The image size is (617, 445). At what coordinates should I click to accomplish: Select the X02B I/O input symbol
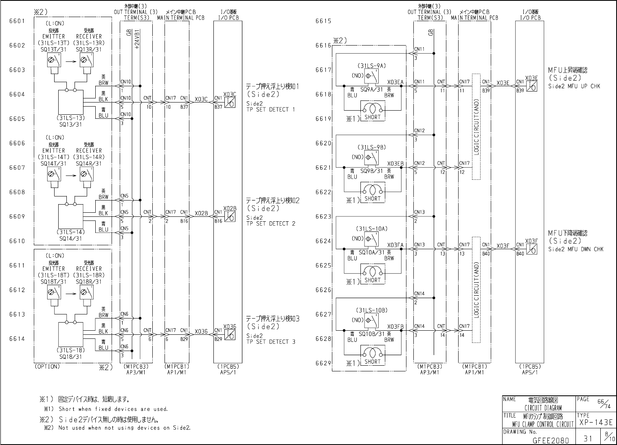point(231,216)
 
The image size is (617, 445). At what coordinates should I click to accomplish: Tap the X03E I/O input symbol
point(531,86)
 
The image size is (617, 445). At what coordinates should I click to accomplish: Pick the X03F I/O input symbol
point(531,249)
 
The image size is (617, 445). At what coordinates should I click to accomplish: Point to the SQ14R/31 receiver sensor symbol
point(86,175)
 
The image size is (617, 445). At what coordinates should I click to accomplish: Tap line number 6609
point(17,216)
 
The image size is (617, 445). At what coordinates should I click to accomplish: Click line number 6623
point(323,216)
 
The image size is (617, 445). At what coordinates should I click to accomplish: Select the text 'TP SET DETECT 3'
point(271,342)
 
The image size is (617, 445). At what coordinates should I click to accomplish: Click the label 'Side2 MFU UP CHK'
point(574,86)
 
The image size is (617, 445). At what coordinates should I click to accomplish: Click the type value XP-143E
point(595,423)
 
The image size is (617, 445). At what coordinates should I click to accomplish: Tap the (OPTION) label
point(47,366)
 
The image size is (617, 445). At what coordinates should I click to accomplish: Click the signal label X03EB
point(395,164)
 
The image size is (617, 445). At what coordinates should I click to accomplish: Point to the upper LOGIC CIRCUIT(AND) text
point(476,127)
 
